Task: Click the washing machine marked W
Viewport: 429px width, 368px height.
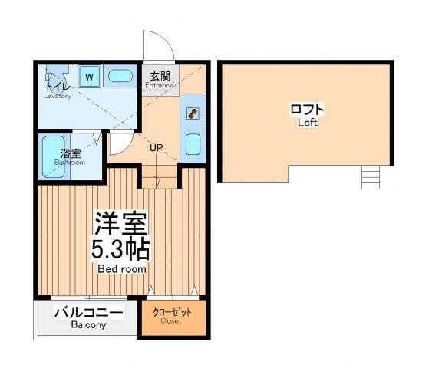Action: (89, 76)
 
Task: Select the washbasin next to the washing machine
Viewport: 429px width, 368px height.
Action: (120, 76)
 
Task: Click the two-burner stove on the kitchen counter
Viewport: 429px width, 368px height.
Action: (193, 113)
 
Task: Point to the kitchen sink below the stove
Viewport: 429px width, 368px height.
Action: (193, 144)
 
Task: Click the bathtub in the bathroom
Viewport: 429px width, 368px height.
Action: (54, 156)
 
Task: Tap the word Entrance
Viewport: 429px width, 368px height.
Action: (159, 85)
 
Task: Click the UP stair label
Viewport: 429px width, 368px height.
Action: (157, 148)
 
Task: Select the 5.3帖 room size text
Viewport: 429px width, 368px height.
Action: (120, 250)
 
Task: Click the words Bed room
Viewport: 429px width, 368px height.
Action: (122, 269)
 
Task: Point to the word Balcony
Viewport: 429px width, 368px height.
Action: (88, 325)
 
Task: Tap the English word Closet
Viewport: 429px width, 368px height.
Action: (171, 320)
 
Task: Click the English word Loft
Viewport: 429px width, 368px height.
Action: (308, 123)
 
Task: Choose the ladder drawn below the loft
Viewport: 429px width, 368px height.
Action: (371, 177)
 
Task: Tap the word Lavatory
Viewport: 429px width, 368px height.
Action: (58, 96)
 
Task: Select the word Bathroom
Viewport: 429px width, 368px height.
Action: (70, 163)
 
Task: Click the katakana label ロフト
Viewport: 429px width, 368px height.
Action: (307, 110)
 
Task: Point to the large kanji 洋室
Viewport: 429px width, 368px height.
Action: (120, 223)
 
